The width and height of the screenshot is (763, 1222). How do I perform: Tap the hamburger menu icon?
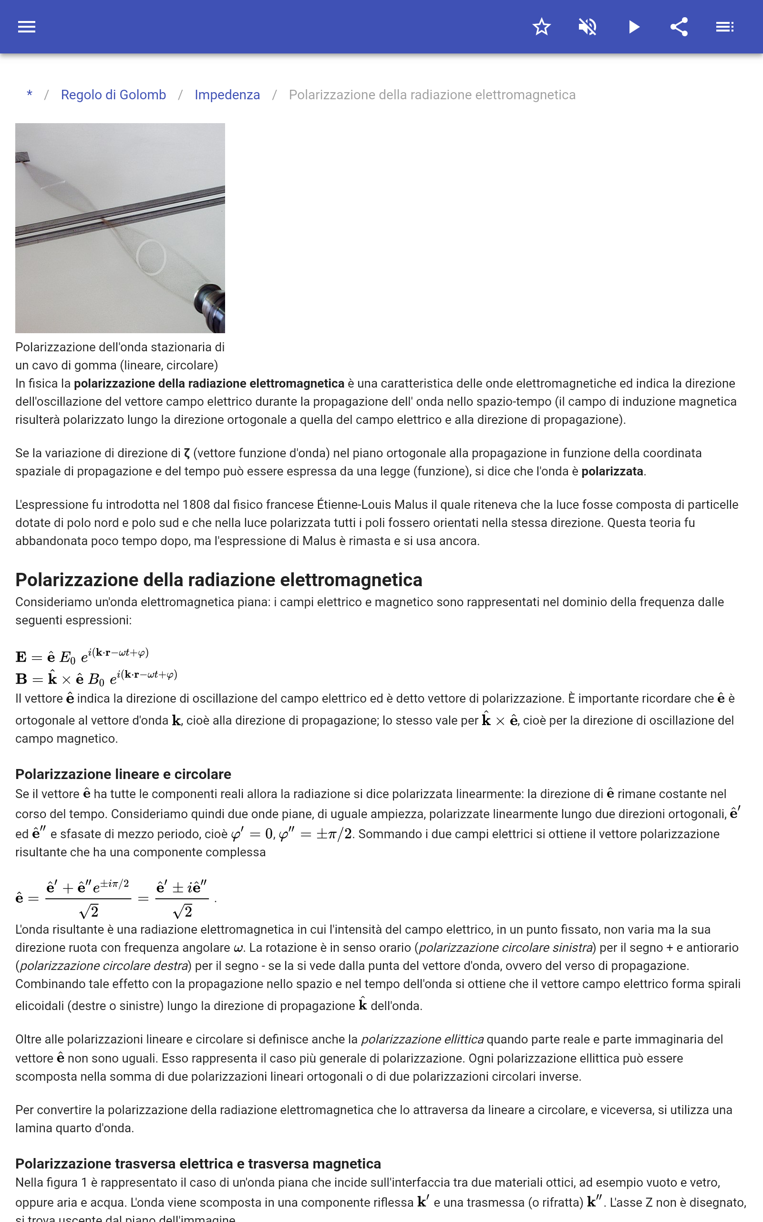pos(27,27)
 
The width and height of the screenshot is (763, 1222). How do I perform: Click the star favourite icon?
pos(541,27)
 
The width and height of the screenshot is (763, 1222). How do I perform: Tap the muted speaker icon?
pos(588,27)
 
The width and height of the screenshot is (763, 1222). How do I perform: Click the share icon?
pos(679,27)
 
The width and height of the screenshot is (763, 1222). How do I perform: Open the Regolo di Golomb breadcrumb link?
pos(113,95)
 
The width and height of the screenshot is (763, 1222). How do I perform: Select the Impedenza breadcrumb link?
pos(227,95)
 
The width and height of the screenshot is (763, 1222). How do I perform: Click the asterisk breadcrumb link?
pos(30,95)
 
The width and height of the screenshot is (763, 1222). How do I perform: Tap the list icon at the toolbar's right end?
pos(725,27)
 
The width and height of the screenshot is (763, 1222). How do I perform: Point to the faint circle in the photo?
pos(151,256)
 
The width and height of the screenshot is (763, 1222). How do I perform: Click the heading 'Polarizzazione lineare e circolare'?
pos(123,774)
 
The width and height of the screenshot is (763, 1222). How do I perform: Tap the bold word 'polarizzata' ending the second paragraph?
pos(612,471)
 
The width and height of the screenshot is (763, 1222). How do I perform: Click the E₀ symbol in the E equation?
pos(67,657)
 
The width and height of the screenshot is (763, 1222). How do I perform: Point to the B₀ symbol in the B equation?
pos(96,680)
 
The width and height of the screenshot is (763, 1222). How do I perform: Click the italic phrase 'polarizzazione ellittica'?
pos(422,1039)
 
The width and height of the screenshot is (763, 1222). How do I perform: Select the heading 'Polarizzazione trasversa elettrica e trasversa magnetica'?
pos(198,1163)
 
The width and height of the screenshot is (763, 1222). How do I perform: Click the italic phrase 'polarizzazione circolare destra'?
pos(104,966)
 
